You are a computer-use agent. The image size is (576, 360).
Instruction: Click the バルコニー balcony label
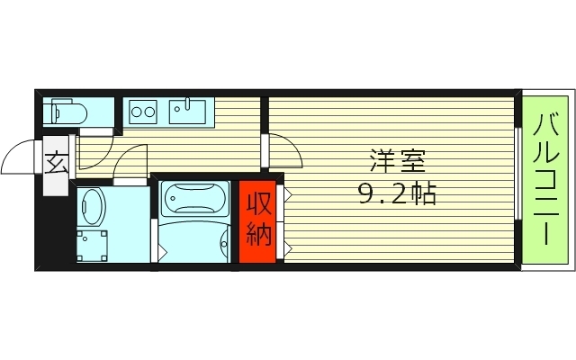[548, 178]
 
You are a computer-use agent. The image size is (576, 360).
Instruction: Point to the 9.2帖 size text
[396, 193]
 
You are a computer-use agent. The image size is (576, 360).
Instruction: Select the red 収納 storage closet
[258, 221]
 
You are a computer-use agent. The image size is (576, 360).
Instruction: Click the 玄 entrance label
[56, 165]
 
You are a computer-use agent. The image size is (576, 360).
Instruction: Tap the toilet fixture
[67, 112]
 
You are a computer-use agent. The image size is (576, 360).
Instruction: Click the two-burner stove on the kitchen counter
[143, 112]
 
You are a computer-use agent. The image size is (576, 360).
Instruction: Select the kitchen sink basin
[188, 113]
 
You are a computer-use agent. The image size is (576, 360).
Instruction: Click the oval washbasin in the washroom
[92, 207]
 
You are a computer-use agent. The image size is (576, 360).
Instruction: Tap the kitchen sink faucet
[188, 100]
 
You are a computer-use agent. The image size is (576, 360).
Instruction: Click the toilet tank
[51, 112]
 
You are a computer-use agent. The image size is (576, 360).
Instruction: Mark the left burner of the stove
[137, 112]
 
